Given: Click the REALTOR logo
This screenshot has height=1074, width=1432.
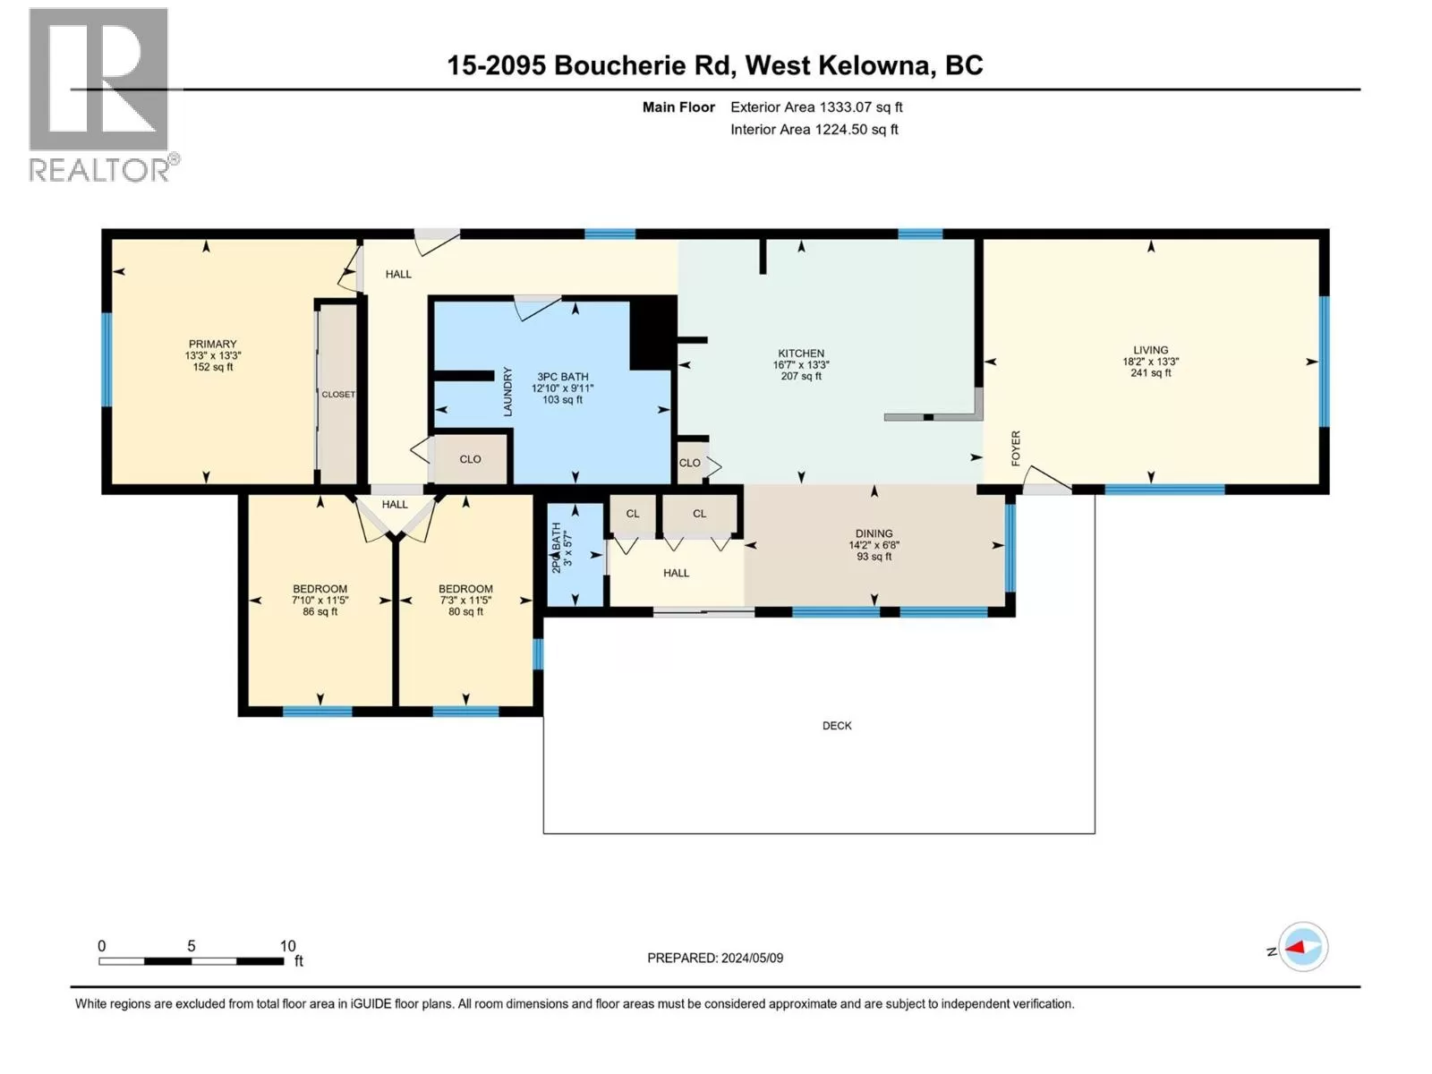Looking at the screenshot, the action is [x=103, y=95].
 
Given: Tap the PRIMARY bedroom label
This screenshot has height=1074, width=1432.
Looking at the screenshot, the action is [x=213, y=344].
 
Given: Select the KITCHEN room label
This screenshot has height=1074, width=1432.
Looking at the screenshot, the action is [x=801, y=354].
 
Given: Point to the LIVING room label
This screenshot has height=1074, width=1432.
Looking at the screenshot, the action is [x=1151, y=350].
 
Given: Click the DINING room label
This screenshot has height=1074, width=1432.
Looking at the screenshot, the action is [x=874, y=533].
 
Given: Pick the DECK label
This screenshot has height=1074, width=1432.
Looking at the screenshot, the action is [x=837, y=726].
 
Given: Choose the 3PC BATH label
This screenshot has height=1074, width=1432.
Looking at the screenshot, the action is [x=562, y=377].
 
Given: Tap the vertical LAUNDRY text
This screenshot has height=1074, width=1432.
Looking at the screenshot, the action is [x=507, y=391].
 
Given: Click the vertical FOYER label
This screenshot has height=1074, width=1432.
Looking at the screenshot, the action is [x=1016, y=448].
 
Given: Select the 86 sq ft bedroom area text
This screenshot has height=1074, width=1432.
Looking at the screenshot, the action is [x=320, y=611].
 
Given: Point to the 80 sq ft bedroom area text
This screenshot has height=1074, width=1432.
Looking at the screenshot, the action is [x=465, y=611].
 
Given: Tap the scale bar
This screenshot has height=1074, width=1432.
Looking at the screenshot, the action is [x=192, y=961].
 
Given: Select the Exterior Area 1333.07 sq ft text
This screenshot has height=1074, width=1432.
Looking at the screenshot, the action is [x=817, y=107].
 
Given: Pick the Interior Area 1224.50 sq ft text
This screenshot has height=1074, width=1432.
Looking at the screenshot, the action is [x=814, y=129].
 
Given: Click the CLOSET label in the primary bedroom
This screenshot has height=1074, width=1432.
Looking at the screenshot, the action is [x=338, y=395].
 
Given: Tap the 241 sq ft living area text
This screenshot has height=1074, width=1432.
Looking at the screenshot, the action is [x=1151, y=373].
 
